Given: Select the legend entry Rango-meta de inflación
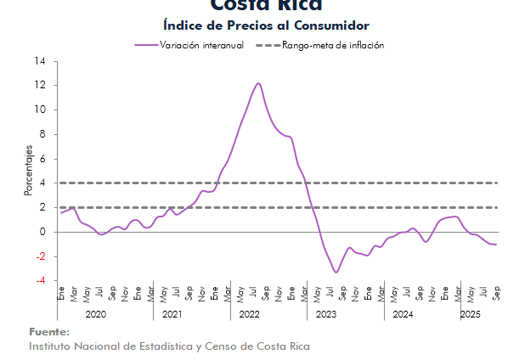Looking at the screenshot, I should click(333, 45).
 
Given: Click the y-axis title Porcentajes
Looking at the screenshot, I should click(28, 171).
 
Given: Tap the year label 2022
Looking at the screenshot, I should click(249, 314).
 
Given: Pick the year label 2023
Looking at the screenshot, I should click(325, 314).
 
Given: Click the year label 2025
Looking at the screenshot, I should click(470, 314).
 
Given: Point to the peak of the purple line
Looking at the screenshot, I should click(258, 83).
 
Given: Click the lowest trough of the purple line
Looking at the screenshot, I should click(336, 272).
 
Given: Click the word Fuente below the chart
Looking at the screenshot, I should click(48, 332).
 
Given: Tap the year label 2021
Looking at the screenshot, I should click(172, 314).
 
